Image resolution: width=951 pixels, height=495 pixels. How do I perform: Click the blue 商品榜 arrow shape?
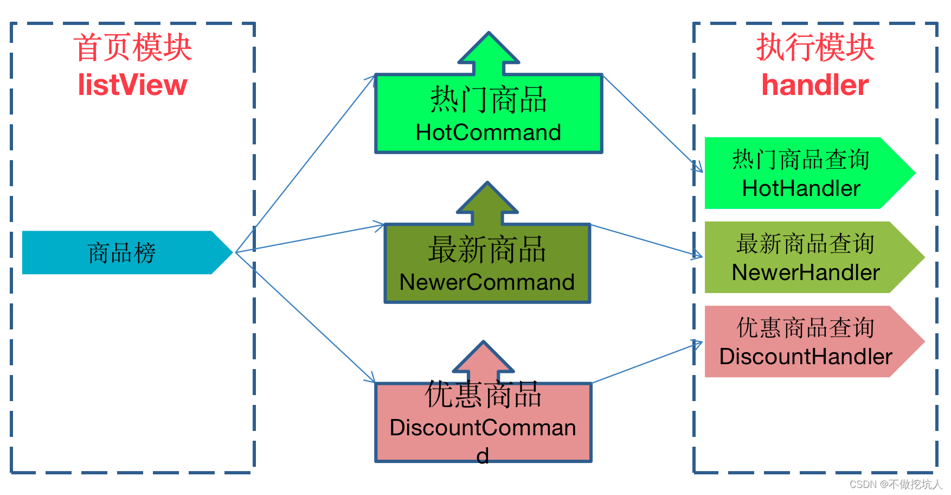point(122,252)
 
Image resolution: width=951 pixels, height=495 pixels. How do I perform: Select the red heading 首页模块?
point(133,48)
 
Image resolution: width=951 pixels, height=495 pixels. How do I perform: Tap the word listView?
point(133,85)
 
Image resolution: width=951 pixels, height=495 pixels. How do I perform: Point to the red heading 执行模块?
point(815,48)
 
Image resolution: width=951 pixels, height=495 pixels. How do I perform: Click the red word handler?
point(815,85)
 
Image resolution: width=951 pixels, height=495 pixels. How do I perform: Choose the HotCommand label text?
point(488,132)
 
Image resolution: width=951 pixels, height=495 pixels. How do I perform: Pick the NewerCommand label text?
point(487,282)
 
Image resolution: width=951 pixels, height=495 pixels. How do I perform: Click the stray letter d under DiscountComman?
point(483,456)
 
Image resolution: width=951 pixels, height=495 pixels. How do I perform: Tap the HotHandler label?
point(801,188)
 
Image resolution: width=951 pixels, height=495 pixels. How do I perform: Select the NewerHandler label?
point(806,272)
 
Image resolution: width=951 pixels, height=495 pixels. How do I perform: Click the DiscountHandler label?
point(806,357)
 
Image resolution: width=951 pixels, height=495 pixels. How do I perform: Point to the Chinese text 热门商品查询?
point(801,160)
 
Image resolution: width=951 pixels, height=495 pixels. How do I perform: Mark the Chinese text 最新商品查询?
point(806,244)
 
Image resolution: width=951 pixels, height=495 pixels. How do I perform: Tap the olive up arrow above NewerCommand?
point(487,204)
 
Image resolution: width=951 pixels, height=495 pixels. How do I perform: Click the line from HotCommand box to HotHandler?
point(648,120)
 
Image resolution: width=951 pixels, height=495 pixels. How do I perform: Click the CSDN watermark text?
point(895,484)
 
